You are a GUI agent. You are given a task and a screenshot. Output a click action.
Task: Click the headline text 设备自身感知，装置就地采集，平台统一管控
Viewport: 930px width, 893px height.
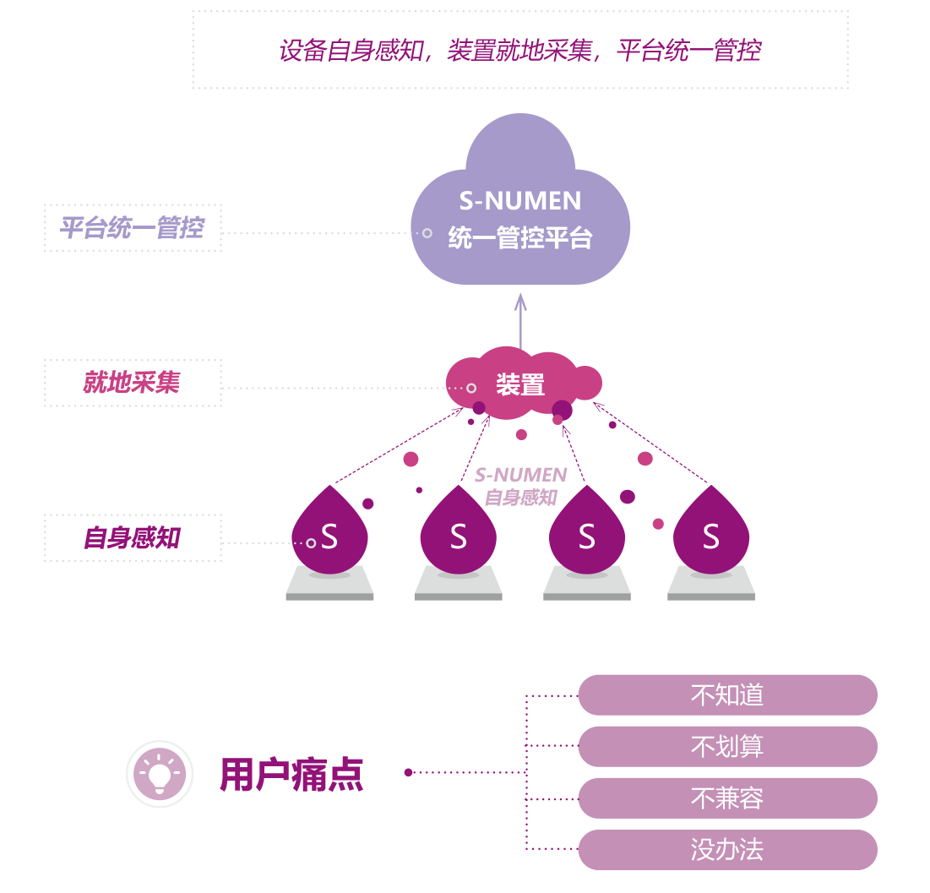tap(519, 51)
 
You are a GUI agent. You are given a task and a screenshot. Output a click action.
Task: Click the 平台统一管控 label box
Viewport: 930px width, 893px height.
tap(133, 228)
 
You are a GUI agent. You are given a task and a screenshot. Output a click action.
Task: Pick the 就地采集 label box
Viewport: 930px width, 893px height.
tap(133, 383)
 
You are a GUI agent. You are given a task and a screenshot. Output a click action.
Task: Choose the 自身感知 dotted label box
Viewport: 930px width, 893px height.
tap(133, 538)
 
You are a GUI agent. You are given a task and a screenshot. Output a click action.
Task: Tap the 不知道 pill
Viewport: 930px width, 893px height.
tap(727, 695)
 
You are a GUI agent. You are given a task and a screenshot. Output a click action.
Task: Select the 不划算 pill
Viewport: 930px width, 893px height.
tap(727, 747)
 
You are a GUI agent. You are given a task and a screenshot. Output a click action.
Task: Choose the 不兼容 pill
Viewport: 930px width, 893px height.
tap(727, 798)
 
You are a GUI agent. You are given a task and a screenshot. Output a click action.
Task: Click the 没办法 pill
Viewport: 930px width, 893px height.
tap(727, 850)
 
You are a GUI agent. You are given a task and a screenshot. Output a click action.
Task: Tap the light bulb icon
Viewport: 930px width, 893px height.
tap(160, 774)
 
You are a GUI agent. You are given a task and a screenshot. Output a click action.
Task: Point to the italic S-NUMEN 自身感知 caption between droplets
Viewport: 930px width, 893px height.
tap(520, 487)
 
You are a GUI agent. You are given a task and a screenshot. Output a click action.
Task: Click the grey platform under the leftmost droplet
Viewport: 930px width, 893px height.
tap(329, 585)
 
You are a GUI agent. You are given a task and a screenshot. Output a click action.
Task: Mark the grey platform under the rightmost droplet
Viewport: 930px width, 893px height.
tap(711, 585)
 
